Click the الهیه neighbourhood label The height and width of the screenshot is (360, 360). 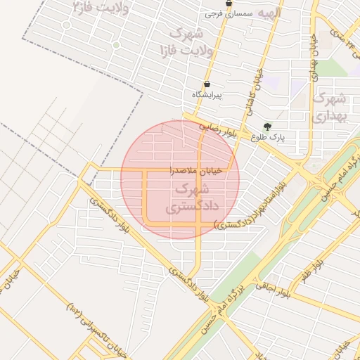click(269, 13)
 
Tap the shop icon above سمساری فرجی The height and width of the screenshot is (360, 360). click(229, 4)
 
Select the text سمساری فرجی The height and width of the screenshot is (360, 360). click(223, 13)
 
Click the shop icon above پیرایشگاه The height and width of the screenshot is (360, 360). click(206, 84)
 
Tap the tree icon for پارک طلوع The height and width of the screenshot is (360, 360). click(267, 127)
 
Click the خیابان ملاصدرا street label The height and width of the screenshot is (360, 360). click(195, 170)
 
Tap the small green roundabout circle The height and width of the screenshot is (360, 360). click(116, 45)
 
